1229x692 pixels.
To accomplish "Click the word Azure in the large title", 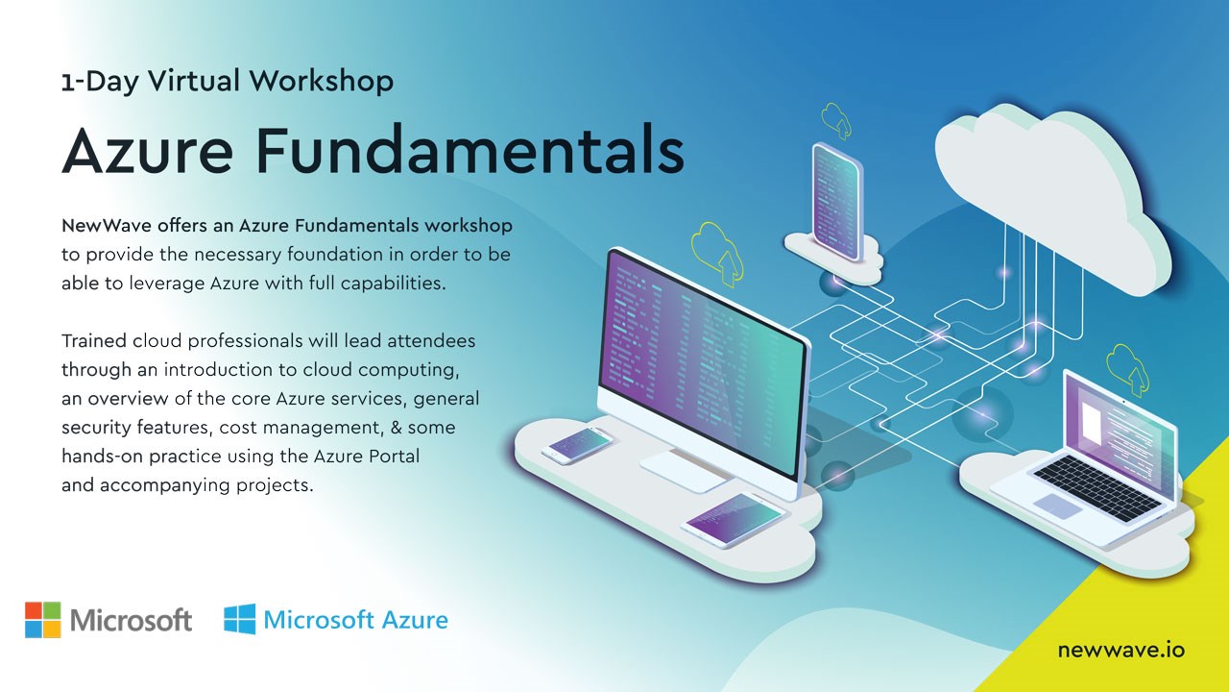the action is pyautogui.click(x=148, y=150).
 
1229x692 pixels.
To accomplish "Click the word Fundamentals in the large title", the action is pyautogui.click(x=470, y=149).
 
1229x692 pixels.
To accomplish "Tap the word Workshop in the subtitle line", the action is pyautogui.click(x=322, y=81).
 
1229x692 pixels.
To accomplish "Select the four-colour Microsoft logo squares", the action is pyautogui.click(x=43, y=620).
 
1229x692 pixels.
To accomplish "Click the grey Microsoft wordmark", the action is pyautogui.click(x=132, y=621).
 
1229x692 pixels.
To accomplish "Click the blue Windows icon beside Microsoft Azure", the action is pyautogui.click(x=240, y=619).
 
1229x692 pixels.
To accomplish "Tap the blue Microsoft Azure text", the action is pyautogui.click(x=355, y=620).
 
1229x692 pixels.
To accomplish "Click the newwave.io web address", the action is pyautogui.click(x=1121, y=651).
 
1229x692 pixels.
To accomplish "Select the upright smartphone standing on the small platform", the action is pyautogui.click(x=837, y=202).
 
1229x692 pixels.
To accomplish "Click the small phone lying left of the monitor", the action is pyautogui.click(x=577, y=445).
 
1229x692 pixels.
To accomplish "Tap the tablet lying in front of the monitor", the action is pyautogui.click(x=734, y=520).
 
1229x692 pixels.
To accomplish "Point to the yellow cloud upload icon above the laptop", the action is pyautogui.click(x=1128, y=370).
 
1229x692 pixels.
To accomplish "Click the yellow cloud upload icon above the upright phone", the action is pyautogui.click(x=836, y=120).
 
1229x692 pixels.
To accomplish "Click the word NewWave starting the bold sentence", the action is pyautogui.click(x=107, y=225).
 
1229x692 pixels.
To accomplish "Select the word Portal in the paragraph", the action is pyautogui.click(x=394, y=456).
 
